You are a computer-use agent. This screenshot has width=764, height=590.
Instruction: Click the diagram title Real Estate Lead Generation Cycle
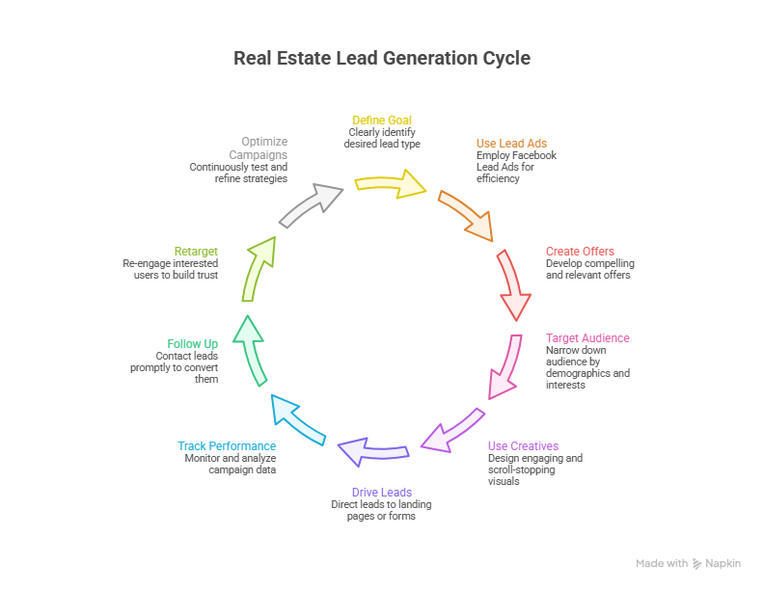tap(382, 58)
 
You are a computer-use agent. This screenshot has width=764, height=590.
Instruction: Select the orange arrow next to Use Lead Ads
tap(467, 215)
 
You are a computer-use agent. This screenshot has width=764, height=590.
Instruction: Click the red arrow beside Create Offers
tap(513, 285)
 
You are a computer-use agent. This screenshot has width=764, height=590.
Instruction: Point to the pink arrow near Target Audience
tap(505, 366)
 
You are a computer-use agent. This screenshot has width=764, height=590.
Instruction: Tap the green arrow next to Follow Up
tap(251, 350)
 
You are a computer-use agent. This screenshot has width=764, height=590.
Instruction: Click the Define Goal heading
tap(381, 121)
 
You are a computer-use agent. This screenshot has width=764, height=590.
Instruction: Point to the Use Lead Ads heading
tap(511, 144)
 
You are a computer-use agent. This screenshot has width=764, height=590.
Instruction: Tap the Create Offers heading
tap(580, 252)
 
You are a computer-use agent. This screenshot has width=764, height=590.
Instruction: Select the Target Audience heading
tap(587, 338)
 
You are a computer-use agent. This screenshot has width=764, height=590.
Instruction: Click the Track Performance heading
tap(227, 446)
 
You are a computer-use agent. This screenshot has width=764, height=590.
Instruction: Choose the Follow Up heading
tap(192, 344)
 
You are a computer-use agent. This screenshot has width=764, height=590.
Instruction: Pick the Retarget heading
tap(196, 252)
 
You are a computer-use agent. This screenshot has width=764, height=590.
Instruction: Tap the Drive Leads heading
tap(381, 493)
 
